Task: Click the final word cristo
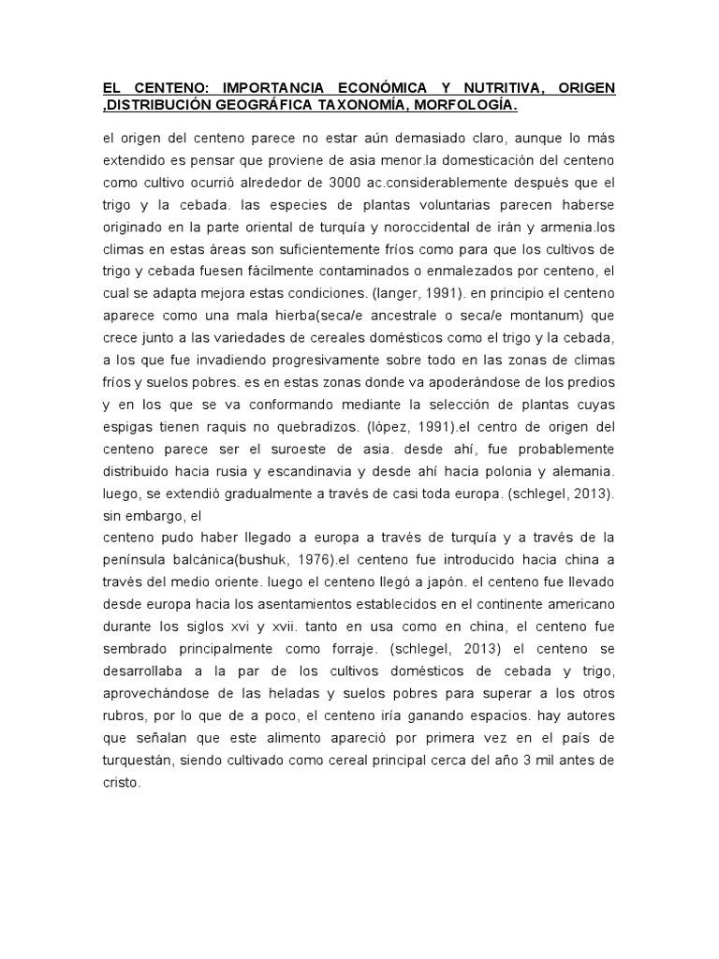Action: pyautogui.click(x=121, y=783)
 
